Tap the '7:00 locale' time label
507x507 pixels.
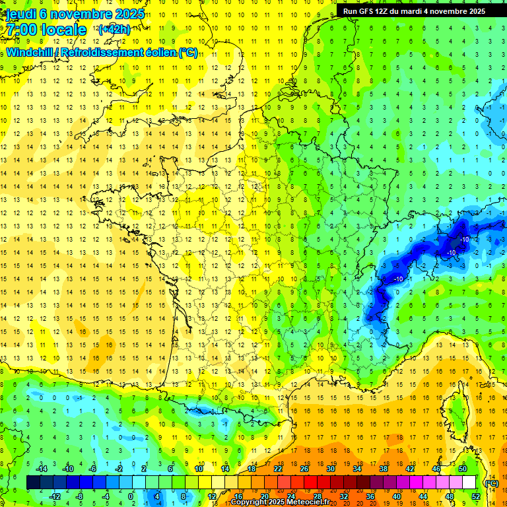pos(46,30)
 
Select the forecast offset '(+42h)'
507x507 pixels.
pos(114,29)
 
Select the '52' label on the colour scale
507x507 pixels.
pos(476,496)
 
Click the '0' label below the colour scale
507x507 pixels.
pos(130,496)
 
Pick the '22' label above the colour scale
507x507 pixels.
pos(278,469)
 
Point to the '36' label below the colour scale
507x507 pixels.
pos(370,496)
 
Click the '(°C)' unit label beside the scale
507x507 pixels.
pos(491,483)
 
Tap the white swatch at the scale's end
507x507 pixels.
pos(469,483)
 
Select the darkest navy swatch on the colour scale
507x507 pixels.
pos(33,483)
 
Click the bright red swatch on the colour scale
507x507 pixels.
pos(311,483)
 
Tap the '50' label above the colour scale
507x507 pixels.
pos(463,469)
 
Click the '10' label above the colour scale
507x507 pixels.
pos(199,469)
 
